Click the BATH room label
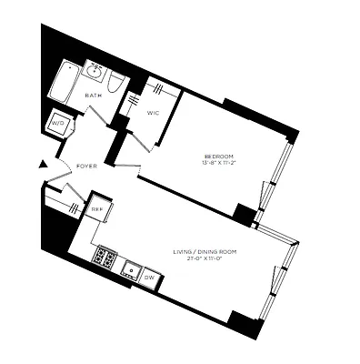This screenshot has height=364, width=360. coord(93,96)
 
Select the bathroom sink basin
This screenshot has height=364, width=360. coord(95,72)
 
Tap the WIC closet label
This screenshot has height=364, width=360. coord(153,113)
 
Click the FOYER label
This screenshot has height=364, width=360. coord(86,167)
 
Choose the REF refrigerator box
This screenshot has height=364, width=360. coord(97,208)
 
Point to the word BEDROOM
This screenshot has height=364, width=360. coord(219,157)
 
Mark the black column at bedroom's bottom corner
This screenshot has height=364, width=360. coord(244,215)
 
